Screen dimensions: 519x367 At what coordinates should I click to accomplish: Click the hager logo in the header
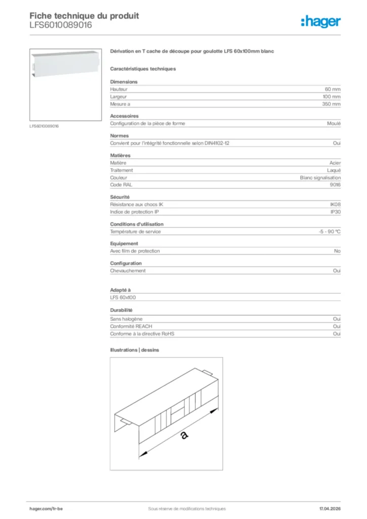click(320, 21)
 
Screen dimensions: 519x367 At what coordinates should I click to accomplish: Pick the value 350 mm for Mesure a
click(332, 104)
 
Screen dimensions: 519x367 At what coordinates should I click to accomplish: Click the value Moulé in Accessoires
click(334, 124)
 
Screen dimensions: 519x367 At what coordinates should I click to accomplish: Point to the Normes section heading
click(120, 136)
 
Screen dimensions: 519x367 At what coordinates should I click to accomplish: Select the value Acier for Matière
click(335, 163)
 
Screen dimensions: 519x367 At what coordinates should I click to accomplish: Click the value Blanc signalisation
click(320, 178)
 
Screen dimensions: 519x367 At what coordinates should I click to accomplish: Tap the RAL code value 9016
click(335, 185)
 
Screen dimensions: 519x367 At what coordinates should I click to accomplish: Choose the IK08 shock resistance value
click(335, 205)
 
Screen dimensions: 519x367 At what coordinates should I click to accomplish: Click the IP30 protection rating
click(335, 212)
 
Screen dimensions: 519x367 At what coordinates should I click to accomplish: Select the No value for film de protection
click(337, 251)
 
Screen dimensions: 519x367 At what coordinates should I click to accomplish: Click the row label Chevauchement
click(128, 271)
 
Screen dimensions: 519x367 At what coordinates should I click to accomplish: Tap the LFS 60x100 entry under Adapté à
click(123, 298)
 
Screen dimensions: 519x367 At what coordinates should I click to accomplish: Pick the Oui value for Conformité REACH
click(337, 327)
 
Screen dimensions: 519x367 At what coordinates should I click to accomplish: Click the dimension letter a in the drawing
click(184, 435)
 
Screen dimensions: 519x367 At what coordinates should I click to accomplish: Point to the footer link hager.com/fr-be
click(47, 508)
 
